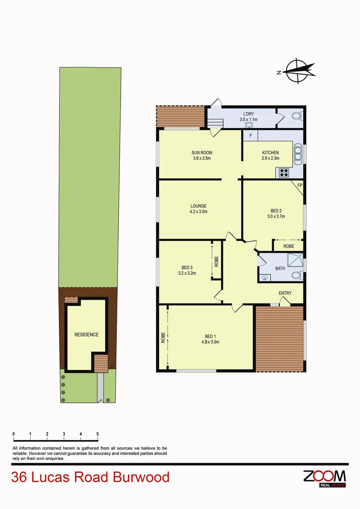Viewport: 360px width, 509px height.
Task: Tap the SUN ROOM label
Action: pos(201,153)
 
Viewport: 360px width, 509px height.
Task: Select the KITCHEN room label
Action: pos(270,153)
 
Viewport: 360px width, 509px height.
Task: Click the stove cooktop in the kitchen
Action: pos(284,172)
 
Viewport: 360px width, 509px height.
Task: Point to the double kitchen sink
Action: pos(298,154)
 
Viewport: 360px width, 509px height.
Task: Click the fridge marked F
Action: pos(250,136)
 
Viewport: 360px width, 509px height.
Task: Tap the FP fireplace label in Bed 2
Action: pos(299,185)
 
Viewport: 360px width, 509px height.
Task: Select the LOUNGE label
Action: pos(198,206)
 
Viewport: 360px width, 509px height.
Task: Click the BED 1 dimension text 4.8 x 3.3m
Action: pos(209,342)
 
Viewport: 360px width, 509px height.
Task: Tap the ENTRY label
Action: pos(285,293)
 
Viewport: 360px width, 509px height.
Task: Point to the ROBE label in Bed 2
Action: pos(289,246)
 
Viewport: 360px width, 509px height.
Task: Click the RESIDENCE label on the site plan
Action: pos(86,335)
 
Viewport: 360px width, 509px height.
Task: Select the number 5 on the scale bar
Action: pos(98,434)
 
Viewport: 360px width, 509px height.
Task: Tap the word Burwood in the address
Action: pos(141,477)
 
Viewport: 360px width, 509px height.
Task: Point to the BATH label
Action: pos(280,269)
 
